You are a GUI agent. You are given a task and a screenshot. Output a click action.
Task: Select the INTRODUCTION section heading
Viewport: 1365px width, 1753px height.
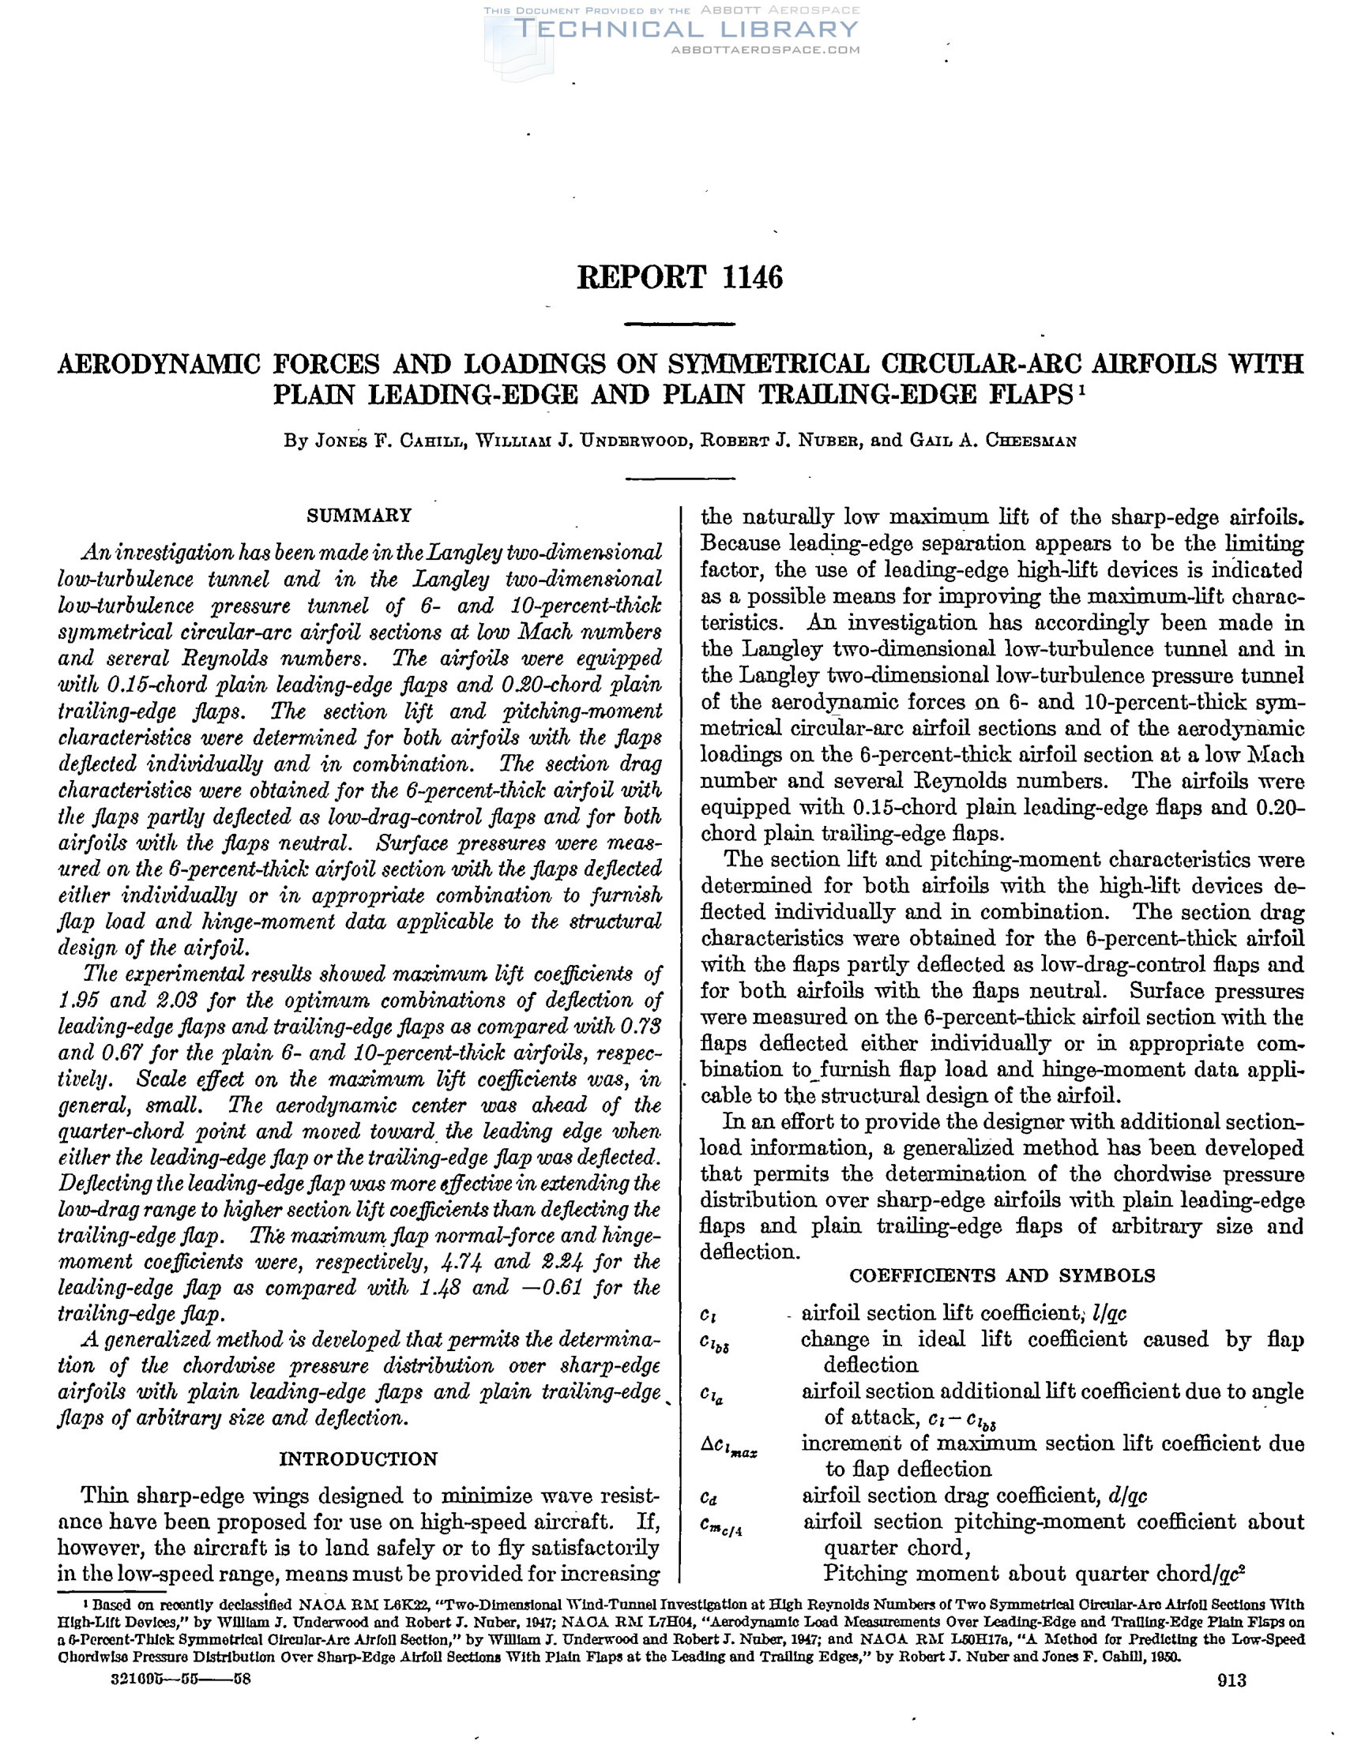358,1458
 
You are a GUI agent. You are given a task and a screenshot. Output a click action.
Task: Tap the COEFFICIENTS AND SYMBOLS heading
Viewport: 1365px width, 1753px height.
1002,1274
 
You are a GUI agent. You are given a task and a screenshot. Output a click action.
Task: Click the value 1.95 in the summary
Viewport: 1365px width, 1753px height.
78,1000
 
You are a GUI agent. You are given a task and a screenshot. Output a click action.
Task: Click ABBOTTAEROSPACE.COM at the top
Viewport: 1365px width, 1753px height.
765,50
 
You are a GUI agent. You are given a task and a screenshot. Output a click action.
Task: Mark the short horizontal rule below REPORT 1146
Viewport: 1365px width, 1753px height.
679,325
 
